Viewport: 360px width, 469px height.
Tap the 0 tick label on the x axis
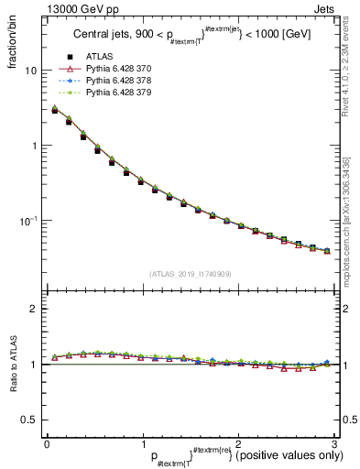point(47,443)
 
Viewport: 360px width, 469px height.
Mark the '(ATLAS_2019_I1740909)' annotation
point(189,273)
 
